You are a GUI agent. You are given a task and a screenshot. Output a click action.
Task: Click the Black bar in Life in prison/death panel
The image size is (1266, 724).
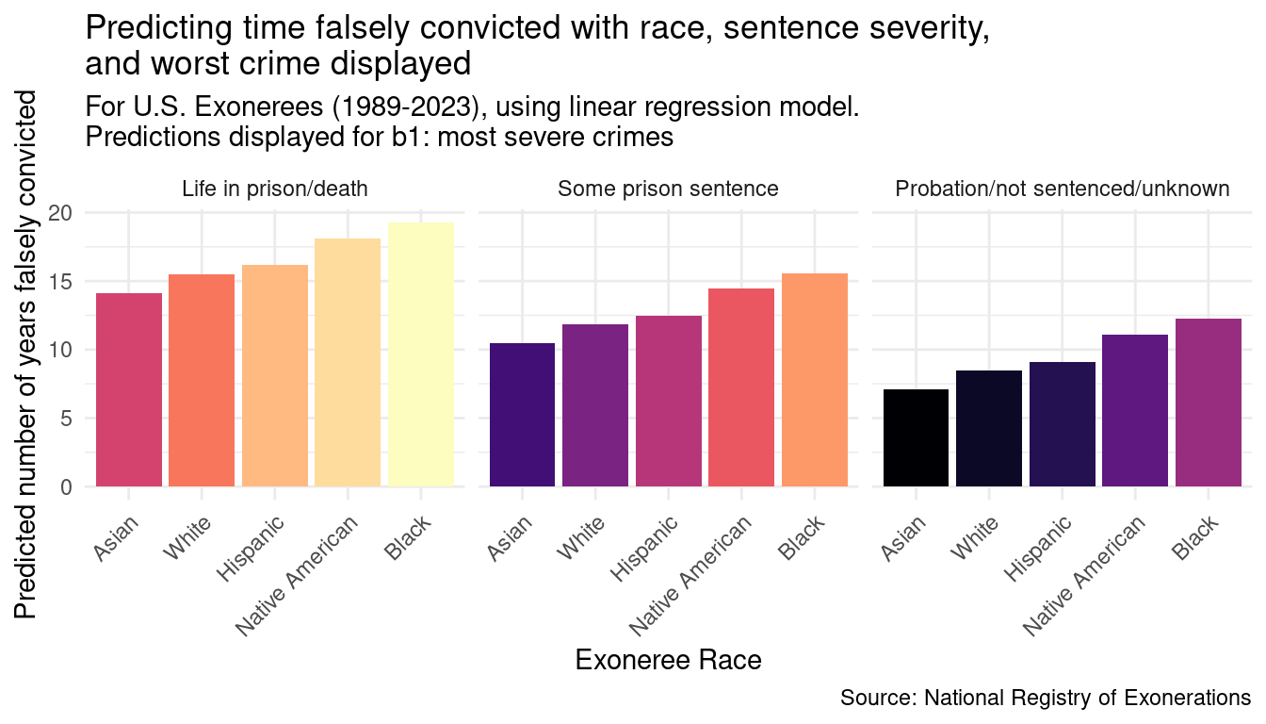[420, 354]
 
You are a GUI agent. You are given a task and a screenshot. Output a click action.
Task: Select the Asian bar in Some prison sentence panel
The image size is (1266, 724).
[522, 415]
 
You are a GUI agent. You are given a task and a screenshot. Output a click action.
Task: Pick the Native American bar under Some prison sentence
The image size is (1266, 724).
[741, 387]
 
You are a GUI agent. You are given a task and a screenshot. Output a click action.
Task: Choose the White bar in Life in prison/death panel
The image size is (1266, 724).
[202, 380]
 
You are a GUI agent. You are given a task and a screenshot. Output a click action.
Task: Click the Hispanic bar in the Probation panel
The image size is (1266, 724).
[1062, 424]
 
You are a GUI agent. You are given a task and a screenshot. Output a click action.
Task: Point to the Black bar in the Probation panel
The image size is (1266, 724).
[1208, 403]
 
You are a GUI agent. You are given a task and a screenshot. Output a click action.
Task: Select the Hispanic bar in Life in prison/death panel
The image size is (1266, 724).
[274, 375]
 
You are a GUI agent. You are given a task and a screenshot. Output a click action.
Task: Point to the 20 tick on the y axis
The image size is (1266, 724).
[59, 212]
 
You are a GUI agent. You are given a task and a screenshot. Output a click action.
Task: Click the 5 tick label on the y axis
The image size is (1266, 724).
[65, 419]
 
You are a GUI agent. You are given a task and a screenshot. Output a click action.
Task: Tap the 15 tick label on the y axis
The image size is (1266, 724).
[59, 281]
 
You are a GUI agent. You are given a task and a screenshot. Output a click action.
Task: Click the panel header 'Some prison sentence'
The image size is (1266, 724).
[668, 189]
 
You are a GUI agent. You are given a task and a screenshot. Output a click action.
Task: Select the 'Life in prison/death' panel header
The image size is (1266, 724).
[274, 189]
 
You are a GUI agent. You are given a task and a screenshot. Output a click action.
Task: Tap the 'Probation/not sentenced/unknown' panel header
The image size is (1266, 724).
[1062, 189]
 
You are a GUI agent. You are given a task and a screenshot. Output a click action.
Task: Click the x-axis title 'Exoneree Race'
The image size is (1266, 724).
[668, 661]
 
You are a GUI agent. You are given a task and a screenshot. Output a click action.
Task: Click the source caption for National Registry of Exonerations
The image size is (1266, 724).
[1046, 699]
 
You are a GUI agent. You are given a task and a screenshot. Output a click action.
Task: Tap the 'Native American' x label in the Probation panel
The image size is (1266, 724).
[1085, 574]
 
